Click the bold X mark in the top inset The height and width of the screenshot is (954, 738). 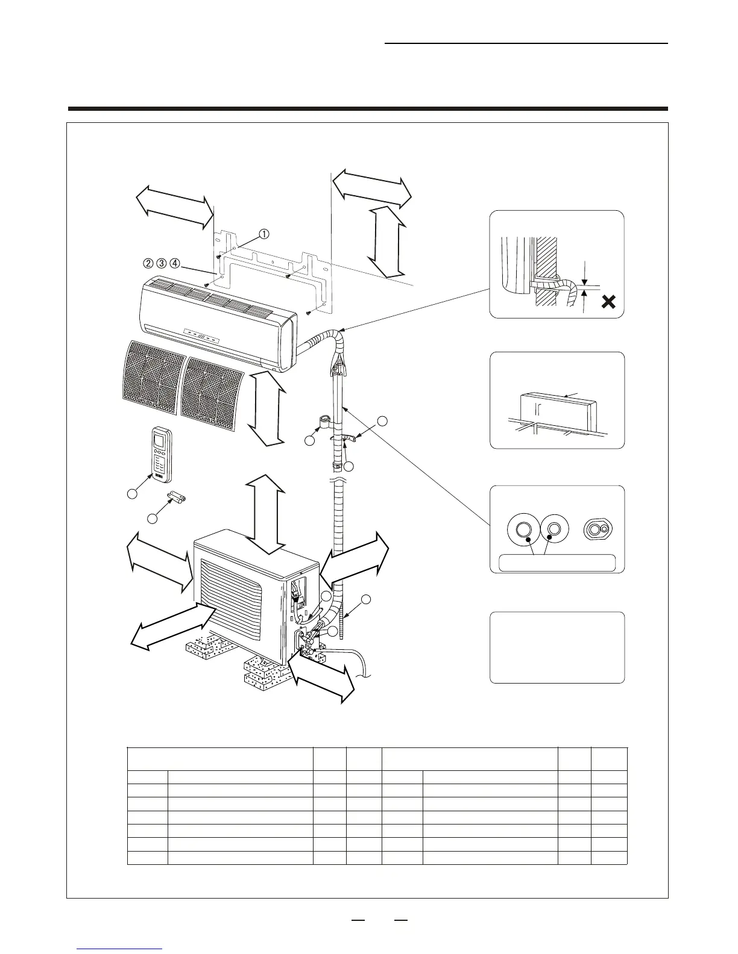609,302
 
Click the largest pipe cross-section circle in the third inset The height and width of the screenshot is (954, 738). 522,529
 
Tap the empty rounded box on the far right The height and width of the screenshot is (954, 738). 557,647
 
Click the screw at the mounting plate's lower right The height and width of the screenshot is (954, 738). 309,313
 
